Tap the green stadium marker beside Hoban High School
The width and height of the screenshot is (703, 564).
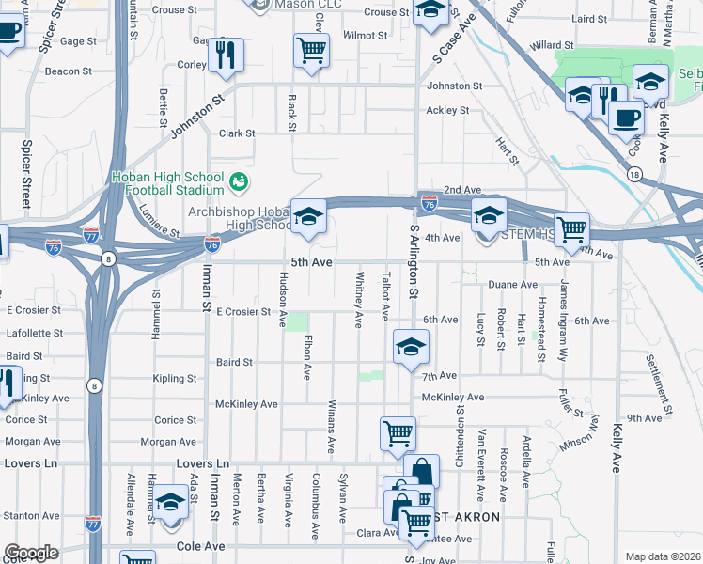pos(239,179)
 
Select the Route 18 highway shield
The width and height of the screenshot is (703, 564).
pos(635,174)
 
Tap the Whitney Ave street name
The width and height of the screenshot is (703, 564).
pos(358,300)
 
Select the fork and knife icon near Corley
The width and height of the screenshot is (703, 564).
pos(226,56)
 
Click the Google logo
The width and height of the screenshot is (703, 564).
pos(31,553)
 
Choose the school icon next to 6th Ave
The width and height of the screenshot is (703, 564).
pos(411,347)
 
